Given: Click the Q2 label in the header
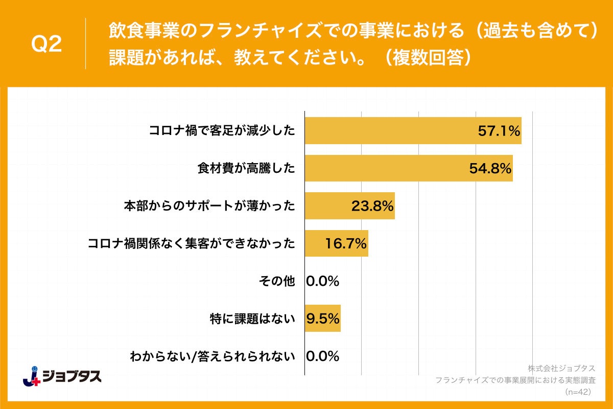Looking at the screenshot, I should [x=46, y=45].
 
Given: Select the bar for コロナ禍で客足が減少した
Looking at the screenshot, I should [x=388, y=130].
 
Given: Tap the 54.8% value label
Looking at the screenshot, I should [x=490, y=168].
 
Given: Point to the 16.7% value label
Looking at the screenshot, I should [x=346, y=243].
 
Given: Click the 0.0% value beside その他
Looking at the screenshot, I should [x=323, y=281].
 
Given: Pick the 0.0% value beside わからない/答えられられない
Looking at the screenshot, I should [x=323, y=356].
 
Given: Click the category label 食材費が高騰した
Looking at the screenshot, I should [x=246, y=168].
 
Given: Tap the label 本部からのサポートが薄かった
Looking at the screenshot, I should [x=209, y=206].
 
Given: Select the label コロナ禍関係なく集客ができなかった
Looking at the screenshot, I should [x=192, y=243].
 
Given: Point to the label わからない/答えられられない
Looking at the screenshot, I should [x=213, y=356].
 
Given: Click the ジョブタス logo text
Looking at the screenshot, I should [x=72, y=377].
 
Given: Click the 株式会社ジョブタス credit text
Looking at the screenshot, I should [x=561, y=369].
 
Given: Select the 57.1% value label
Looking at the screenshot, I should [x=499, y=130].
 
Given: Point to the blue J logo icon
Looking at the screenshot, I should [x=32, y=376].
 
